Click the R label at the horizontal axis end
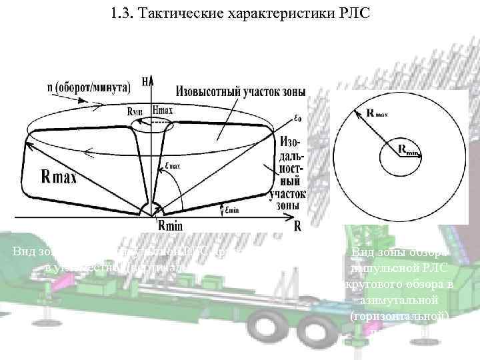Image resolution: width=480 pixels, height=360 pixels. [297, 227]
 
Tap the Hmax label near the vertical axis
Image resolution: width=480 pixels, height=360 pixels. [163, 111]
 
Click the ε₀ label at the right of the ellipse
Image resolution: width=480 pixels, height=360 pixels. [297, 119]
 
